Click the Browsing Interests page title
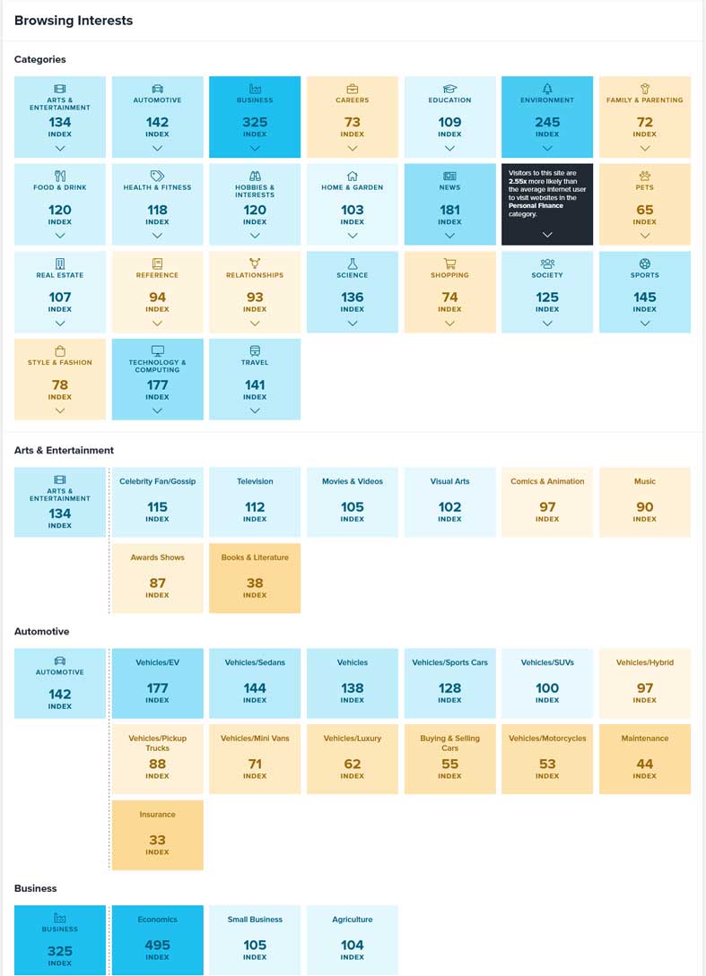click(x=74, y=21)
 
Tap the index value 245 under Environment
click(x=547, y=122)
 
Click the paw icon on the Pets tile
click(x=645, y=176)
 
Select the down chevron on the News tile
click(x=449, y=236)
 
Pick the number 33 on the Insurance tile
click(x=157, y=840)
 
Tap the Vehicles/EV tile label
click(x=157, y=663)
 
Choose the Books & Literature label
click(x=255, y=557)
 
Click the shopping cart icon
click(x=449, y=263)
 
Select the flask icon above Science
click(x=353, y=263)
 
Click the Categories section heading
click(x=40, y=59)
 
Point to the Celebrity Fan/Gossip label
click(x=157, y=481)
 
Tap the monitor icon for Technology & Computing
click(x=157, y=350)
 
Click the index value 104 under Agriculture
click(x=353, y=945)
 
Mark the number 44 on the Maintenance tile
click(x=645, y=764)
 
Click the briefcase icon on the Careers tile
click(x=353, y=89)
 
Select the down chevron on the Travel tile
click(x=255, y=410)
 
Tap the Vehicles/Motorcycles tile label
click(x=547, y=738)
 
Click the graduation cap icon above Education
click(x=449, y=89)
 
